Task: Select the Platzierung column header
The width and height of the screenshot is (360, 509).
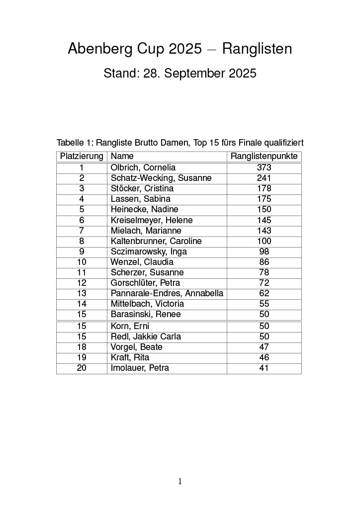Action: tap(82, 157)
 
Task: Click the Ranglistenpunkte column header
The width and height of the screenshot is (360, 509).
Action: tap(264, 157)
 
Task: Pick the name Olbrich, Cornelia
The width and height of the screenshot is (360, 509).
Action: tap(143, 168)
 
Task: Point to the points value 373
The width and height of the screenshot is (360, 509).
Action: tap(264, 168)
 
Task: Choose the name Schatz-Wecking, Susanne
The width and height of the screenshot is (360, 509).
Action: tap(161, 178)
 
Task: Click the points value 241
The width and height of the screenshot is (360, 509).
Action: tap(264, 178)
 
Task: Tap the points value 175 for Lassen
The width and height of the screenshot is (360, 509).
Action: tap(264, 199)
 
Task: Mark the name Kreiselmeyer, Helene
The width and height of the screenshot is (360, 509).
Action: tap(152, 220)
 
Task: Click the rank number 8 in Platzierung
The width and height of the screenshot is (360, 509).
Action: tap(82, 241)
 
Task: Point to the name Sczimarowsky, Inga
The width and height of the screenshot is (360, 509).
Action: tap(149, 252)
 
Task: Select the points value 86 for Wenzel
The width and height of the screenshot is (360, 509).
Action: tap(264, 262)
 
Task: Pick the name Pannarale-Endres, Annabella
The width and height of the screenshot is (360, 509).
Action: tap(167, 293)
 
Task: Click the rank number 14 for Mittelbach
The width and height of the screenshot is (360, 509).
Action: tap(82, 304)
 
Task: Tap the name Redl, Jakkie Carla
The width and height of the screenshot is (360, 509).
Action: tap(146, 337)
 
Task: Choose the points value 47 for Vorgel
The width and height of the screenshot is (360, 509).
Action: tap(264, 347)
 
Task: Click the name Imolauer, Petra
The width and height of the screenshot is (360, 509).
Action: tap(140, 368)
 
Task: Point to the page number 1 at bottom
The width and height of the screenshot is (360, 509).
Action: tap(180, 481)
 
